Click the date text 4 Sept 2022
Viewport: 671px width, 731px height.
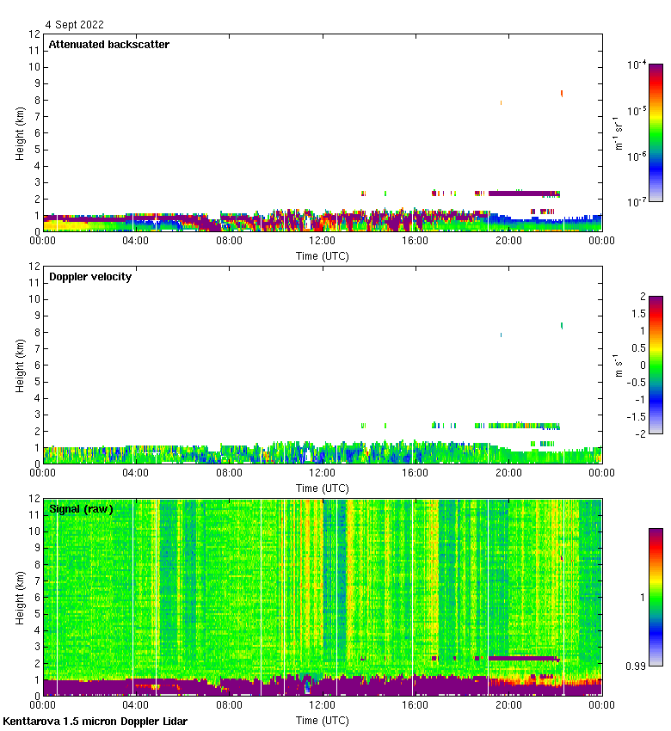point(74,25)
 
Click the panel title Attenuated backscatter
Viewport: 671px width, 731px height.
point(108,45)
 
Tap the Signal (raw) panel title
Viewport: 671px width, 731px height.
point(81,509)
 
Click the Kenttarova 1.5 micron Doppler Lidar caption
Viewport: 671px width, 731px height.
point(95,721)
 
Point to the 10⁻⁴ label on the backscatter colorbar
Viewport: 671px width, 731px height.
point(637,64)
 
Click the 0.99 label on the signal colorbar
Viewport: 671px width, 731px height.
point(637,666)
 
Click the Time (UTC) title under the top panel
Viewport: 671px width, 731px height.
point(323,256)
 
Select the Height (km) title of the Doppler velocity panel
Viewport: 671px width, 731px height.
point(20,365)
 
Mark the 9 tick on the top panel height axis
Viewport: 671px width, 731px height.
point(35,83)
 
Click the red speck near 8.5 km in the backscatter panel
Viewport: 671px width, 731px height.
point(562,93)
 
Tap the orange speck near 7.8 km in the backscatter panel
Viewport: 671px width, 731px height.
point(501,103)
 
